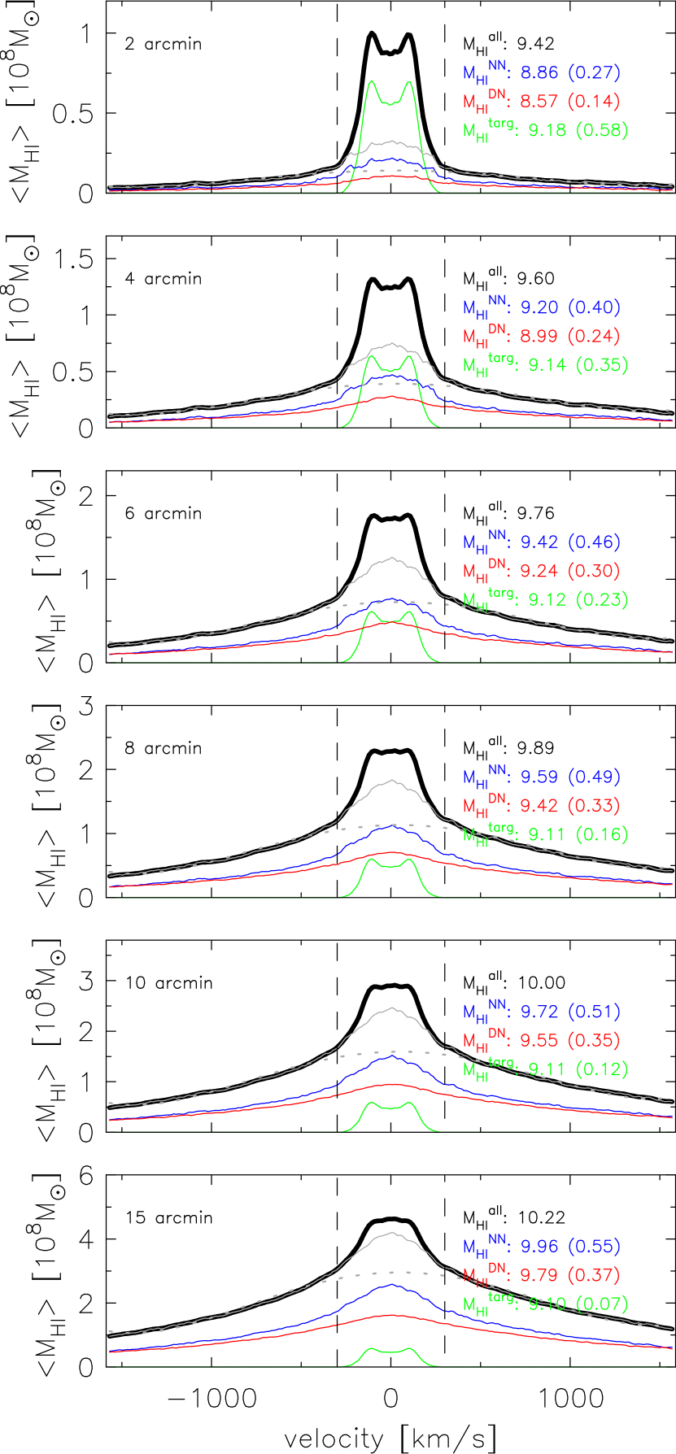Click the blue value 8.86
[539, 73]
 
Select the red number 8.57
[539, 102]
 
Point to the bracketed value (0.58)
[602, 130]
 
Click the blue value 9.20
[539, 307]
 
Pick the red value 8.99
[539, 336]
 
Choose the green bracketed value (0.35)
[602, 364]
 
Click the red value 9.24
[539, 571]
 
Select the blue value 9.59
[539, 777]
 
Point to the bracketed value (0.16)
[602, 834]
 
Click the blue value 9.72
[539, 1012]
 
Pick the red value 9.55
[539, 1040]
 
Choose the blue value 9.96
[539, 1246]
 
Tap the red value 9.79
[539, 1274]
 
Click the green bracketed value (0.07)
[602, 1304]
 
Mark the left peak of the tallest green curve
[372, 81]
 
